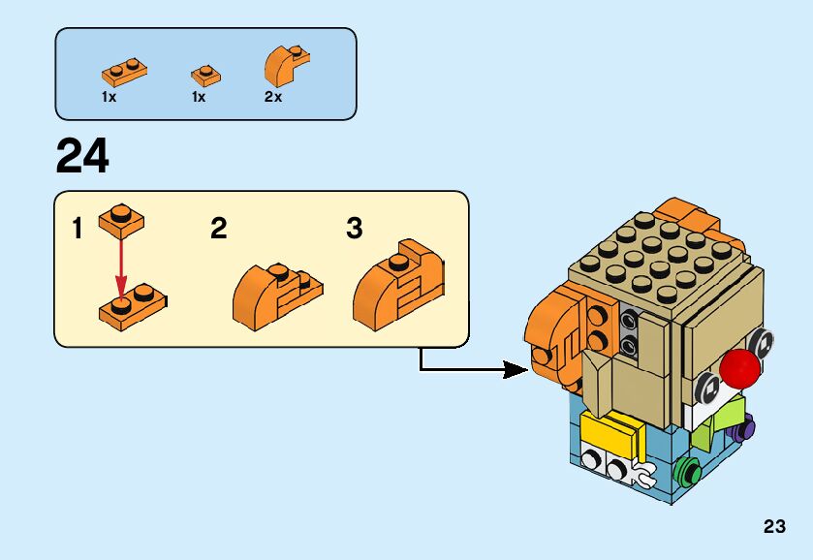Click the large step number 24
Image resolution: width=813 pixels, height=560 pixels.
[82, 156]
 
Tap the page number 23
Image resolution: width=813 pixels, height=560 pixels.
[774, 527]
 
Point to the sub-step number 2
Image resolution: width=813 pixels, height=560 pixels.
[219, 230]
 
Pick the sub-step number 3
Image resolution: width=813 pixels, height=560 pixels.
[355, 230]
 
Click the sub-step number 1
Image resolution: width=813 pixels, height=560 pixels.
[77, 230]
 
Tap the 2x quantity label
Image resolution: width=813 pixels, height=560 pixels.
[273, 98]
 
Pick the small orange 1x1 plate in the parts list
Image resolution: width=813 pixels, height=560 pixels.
[205, 75]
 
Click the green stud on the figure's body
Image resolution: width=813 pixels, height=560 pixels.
[689, 473]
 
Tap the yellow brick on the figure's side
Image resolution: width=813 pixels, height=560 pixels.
[611, 430]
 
